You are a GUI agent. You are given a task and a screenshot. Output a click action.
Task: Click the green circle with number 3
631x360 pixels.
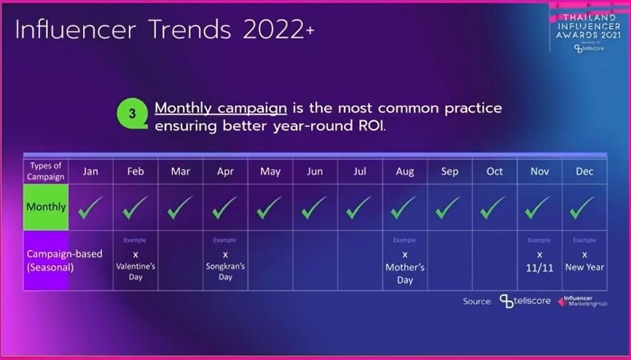pyautogui.click(x=132, y=114)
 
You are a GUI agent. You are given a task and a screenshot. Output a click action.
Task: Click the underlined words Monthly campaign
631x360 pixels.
pyautogui.click(x=220, y=108)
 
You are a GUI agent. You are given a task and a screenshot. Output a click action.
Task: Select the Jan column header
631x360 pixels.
pyautogui.click(x=90, y=171)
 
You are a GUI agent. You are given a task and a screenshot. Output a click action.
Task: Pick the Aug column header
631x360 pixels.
pyautogui.click(x=404, y=171)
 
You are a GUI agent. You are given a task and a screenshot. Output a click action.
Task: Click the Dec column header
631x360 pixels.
pyautogui.click(x=584, y=171)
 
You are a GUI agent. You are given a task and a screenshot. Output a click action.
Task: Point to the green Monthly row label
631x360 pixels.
pyautogui.click(x=46, y=207)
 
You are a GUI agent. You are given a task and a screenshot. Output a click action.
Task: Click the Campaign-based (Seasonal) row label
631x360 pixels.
pyautogui.click(x=55, y=260)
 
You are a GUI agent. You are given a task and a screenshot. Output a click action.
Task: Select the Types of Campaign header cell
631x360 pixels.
pyautogui.click(x=46, y=171)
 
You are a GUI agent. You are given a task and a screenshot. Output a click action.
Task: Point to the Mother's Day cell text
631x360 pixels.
pyautogui.click(x=404, y=273)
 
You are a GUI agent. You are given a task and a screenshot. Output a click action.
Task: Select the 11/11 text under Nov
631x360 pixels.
pyautogui.click(x=539, y=267)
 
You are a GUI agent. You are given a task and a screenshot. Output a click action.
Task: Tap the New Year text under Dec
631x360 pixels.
pyautogui.click(x=584, y=267)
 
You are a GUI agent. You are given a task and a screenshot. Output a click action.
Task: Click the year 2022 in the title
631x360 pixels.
pyautogui.click(x=267, y=31)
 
